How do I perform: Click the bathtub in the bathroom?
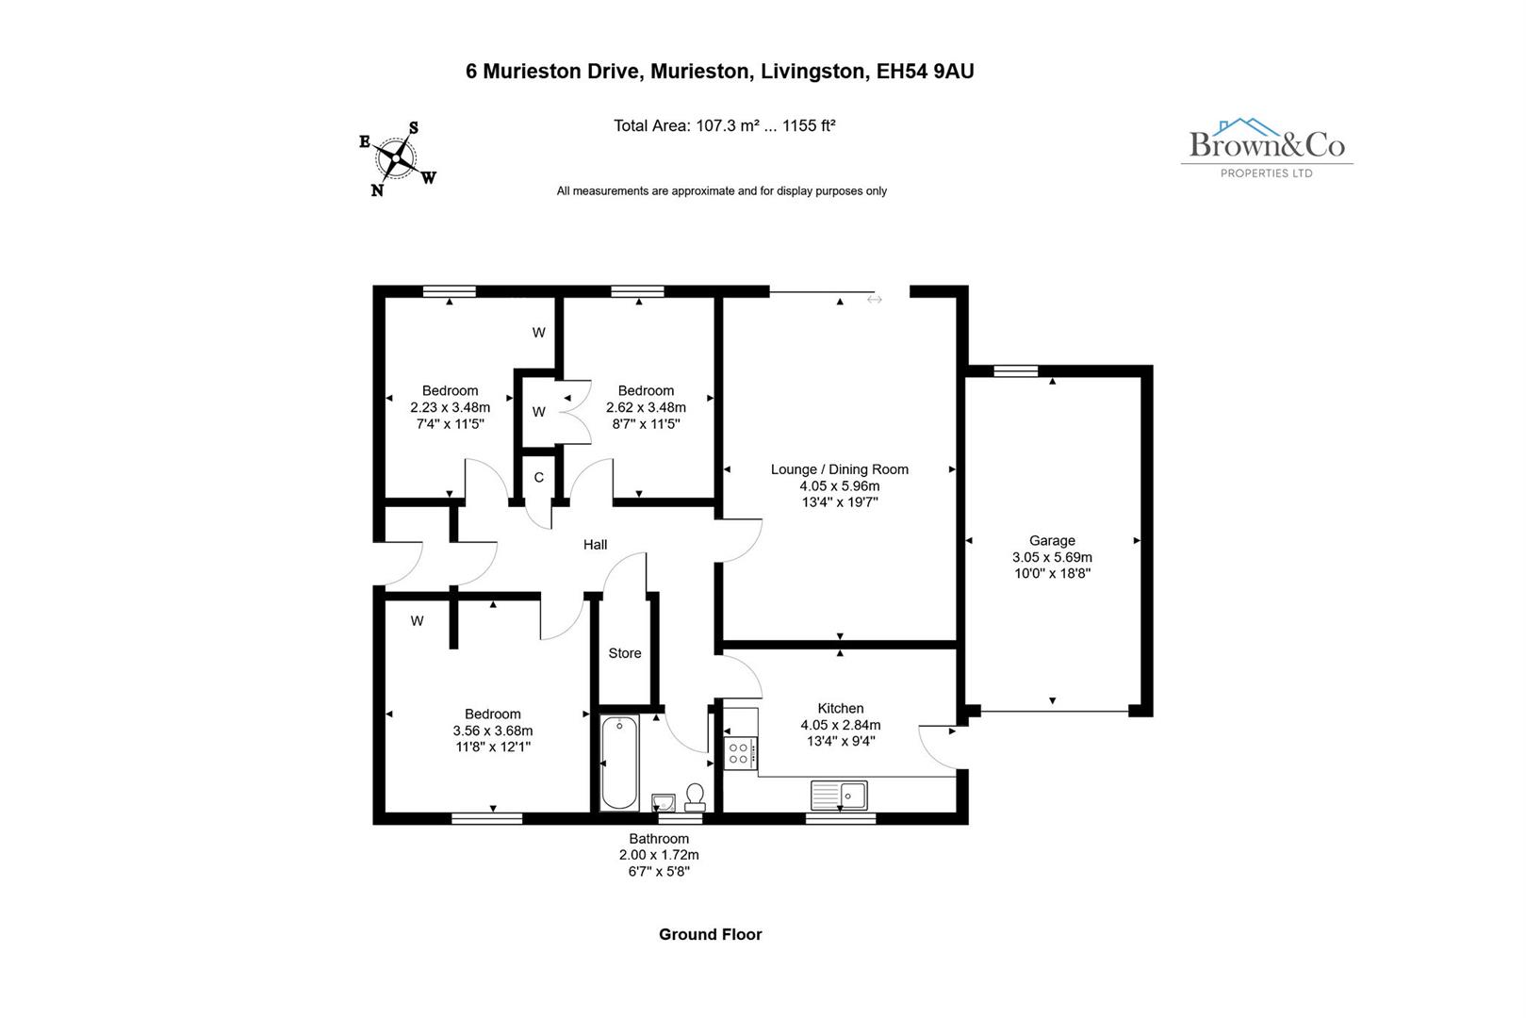click(619, 763)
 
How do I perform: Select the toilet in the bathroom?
click(696, 797)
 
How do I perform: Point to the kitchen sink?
click(839, 796)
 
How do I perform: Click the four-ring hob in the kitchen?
click(738, 753)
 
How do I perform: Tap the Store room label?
click(625, 653)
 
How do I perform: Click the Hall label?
click(595, 545)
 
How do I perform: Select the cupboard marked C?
click(539, 478)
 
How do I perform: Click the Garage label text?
click(1052, 541)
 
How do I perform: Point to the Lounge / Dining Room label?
click(839, 469)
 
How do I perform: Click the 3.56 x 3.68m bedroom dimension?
click(492, 731)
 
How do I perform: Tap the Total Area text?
click(724, 125)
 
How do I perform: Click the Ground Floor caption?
click(710, 935)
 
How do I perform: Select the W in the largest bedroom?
click(417, 621)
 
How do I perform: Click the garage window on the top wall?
click(1015, 370)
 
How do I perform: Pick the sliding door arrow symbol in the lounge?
click(875, 300)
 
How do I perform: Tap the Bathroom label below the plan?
click(659, 839)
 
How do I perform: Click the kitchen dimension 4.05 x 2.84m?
click(840, 725)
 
